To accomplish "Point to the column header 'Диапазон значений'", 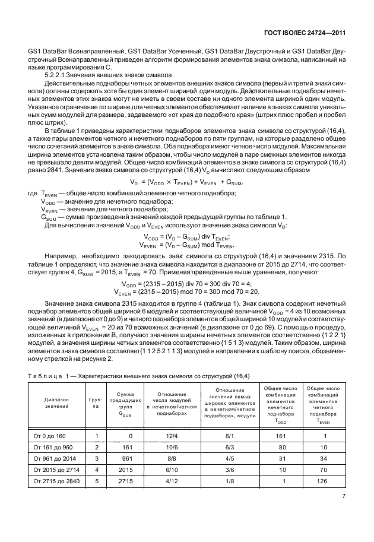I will click(56, 403).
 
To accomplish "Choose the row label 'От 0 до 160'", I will click(50, 436).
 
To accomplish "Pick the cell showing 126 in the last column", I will click(321, 480).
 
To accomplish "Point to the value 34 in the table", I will click(321, 458).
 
